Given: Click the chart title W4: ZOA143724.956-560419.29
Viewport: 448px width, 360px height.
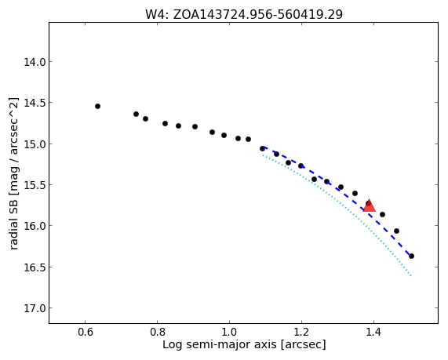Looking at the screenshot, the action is [244, 14].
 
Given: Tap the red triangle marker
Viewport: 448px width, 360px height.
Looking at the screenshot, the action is [369, 206].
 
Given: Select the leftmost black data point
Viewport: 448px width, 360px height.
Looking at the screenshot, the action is [97, 107].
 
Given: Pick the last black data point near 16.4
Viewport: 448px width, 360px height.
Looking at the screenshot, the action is [411, 256].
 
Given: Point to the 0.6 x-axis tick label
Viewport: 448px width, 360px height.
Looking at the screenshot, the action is [86, 333].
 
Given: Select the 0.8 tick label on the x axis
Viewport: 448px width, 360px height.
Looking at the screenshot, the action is [157, 333].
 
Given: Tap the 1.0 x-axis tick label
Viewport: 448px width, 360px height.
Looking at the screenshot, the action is [229, 333].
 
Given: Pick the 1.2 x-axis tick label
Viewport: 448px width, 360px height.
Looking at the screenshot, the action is [301, 333].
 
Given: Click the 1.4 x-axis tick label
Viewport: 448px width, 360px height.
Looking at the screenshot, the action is [373, 333].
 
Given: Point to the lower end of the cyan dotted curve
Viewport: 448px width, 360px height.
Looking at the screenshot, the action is [411, 276].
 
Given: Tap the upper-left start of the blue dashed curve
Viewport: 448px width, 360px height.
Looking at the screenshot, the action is [263, 147].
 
